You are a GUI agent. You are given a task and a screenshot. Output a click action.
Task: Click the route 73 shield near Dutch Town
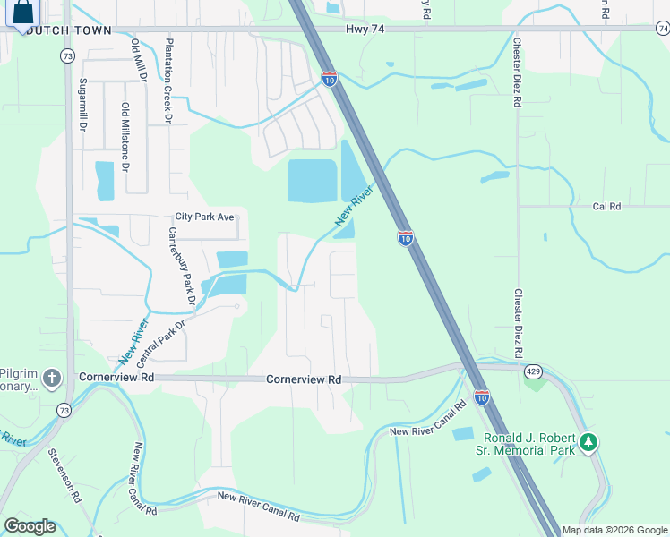point(67,55)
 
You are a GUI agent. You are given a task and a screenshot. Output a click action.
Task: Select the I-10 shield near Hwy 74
point(330,79)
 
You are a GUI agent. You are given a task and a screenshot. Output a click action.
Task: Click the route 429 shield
point(534,369)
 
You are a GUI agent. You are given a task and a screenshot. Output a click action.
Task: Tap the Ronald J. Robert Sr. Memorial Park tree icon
point(588,442)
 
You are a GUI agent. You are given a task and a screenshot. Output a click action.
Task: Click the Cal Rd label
point(606,206)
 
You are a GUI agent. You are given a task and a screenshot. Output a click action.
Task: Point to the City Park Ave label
point(204,217)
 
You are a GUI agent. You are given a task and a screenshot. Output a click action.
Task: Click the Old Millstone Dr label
point(125,137)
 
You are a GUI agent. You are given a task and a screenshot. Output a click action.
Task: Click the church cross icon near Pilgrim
point(51,378)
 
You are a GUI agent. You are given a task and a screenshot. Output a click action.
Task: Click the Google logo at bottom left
point(29,526)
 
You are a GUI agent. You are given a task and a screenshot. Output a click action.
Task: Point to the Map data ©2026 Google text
point(615,530)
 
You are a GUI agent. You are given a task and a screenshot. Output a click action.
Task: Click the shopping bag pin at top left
point(23,13)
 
